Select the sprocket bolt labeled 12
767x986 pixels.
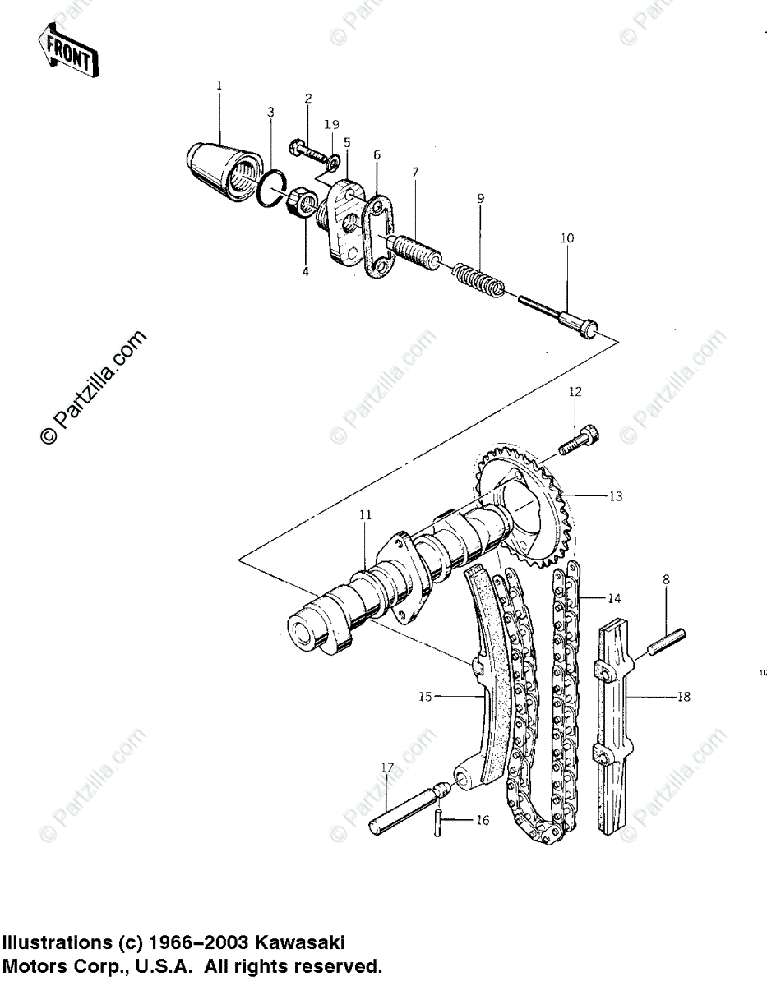(x=580, y=440)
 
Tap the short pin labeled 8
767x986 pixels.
(x=666, y=641)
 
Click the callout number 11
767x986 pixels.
(x=365, y=515)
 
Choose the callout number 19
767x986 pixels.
(x=331, y=125)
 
